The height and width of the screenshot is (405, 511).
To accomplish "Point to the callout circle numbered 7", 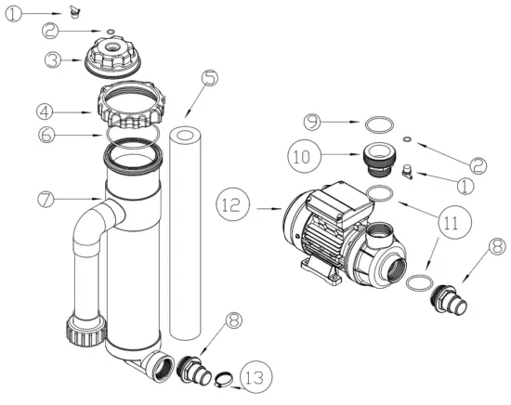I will tap(44, 199).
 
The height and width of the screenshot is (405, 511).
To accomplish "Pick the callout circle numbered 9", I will tap(313, 122).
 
